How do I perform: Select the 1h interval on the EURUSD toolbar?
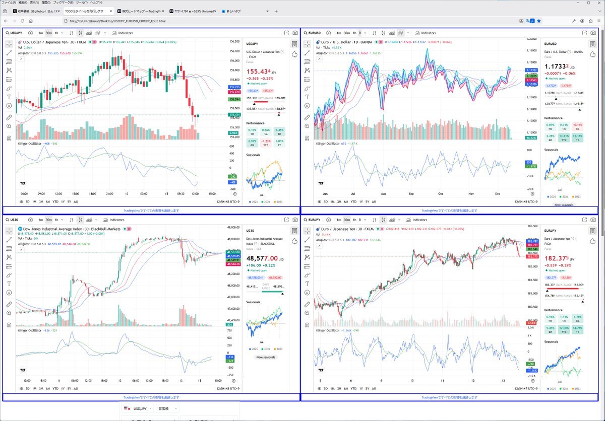[355, 33]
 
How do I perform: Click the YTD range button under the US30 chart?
[55, 388]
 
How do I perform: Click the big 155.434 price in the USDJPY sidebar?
[259, 72]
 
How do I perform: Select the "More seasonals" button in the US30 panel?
[265, 357]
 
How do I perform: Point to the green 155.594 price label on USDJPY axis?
[233, 99]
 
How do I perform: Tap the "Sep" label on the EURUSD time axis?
[411, 193]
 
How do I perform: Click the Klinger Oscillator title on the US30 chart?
[30, 330]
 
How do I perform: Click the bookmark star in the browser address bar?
[539, 21]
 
